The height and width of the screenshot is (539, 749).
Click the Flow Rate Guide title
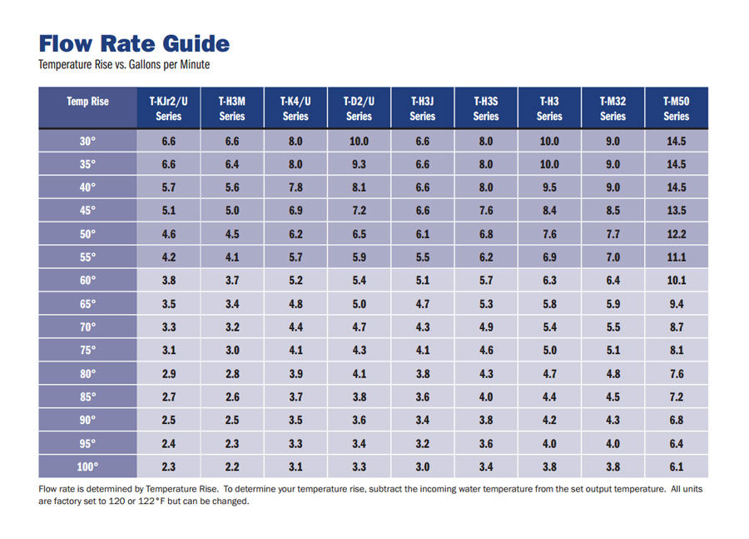coord(134,44)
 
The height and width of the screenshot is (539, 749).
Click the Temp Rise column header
coord(87,102)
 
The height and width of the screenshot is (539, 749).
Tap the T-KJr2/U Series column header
coord(168,108)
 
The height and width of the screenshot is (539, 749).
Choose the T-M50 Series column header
coord(676,108)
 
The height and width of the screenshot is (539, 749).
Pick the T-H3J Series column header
coord(422,108)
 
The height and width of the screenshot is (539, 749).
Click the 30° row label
coord(87,142)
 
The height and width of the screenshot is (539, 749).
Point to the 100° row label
coord(87,467)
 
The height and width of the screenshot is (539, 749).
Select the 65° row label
coord(87,304)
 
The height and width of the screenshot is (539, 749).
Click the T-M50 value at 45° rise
coord(676,211)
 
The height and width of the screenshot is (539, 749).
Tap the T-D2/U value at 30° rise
coord(359,142)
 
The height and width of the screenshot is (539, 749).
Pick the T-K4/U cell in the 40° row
coord(295,187)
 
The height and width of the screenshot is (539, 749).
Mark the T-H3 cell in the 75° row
coord(549,351)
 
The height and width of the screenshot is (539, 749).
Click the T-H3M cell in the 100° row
coord(232,467)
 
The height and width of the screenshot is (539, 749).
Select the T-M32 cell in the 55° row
coord(613,257)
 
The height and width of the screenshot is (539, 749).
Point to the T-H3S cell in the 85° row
coord(486,397)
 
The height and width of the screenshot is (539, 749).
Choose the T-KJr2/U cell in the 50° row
coord(168,234)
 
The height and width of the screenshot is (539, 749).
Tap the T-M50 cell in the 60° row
coord(676,281)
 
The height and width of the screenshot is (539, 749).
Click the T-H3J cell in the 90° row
coord(422,420)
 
